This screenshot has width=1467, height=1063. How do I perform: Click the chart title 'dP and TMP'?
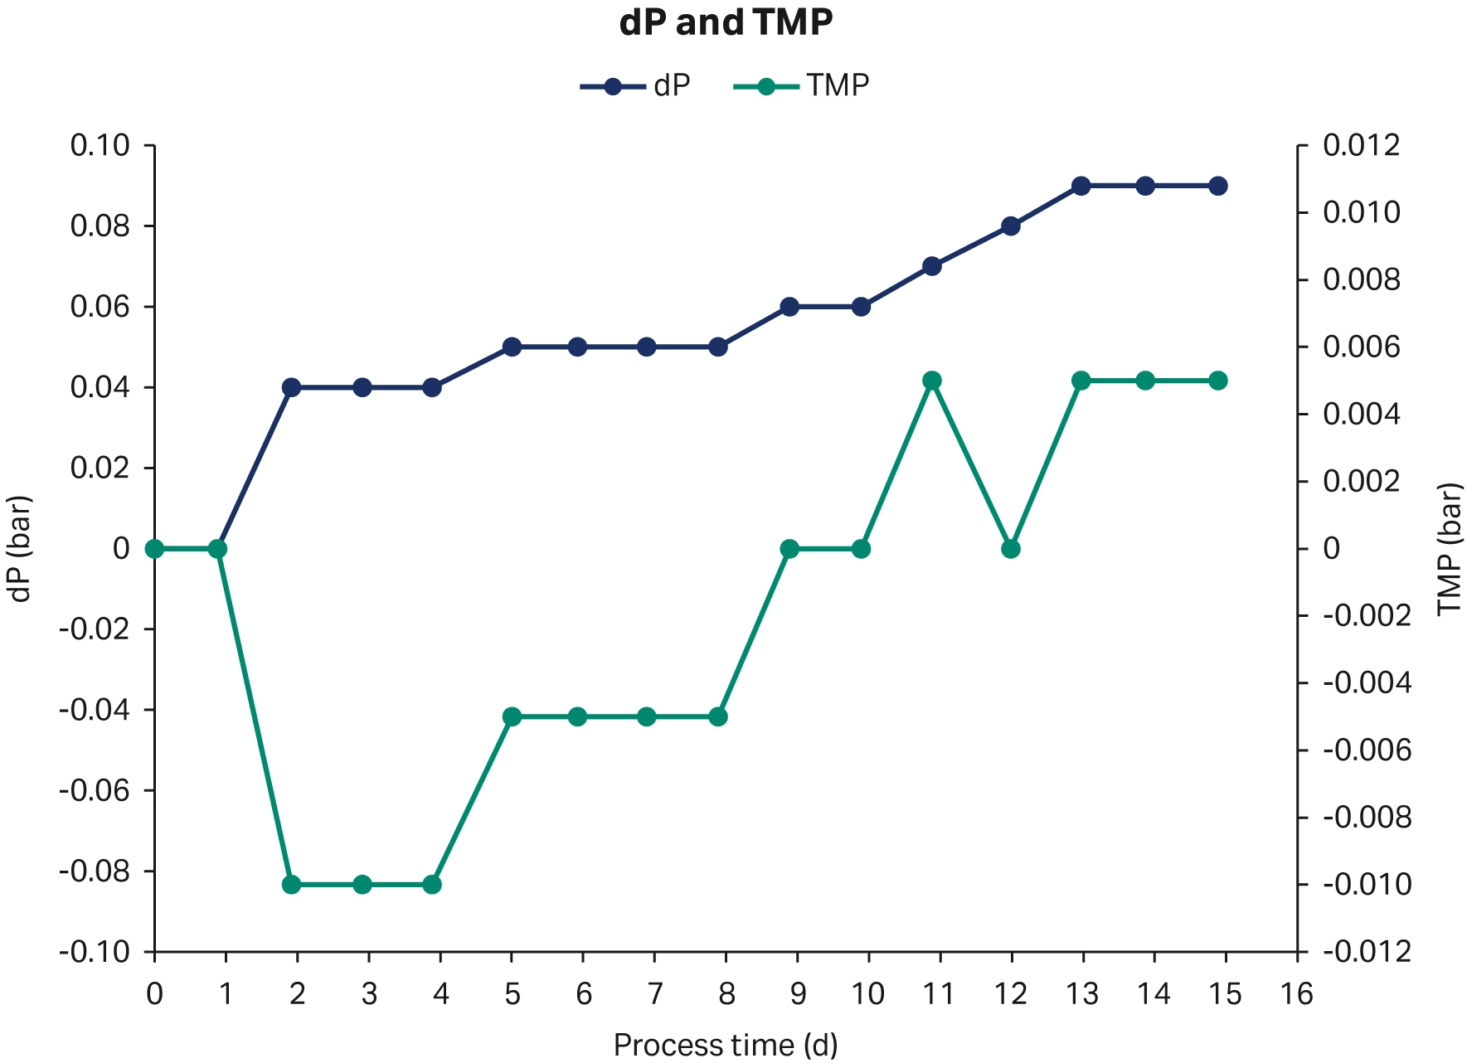point(726,23)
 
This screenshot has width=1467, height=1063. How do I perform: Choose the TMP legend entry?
point(802,86)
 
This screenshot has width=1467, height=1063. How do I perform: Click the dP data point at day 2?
point(291,387)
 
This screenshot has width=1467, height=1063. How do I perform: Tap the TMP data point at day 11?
point(931,381)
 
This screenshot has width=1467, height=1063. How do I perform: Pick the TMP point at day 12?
point(1010,549)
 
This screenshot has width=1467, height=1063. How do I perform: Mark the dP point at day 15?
point(1217,186)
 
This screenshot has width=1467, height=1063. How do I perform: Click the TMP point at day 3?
point(362,885)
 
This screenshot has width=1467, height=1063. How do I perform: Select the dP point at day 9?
point(789,307)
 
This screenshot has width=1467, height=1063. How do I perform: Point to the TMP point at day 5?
point(512,716)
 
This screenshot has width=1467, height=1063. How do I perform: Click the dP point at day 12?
point(1010,226)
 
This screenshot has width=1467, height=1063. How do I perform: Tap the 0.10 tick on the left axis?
point(100,146)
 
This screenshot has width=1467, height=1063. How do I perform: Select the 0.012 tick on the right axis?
point(1361,146)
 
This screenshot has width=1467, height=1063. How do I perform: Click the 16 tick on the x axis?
point(1297,993)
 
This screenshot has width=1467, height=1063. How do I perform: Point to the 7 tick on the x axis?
point(654,993)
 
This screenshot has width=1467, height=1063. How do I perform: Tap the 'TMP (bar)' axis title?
point(1449,549)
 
